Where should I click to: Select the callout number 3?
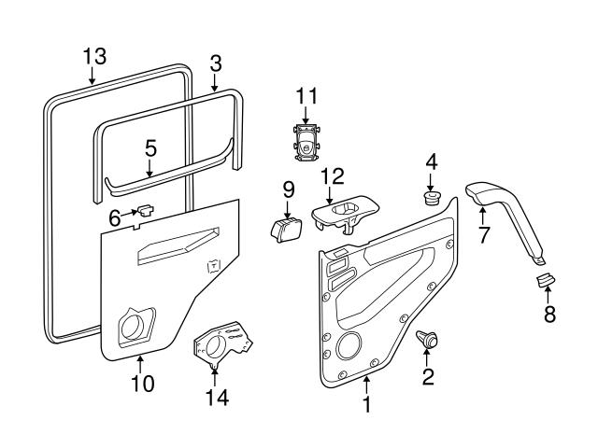click(x=215, y=63)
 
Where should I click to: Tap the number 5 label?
click(x=149, y=148)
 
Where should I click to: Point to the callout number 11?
click(x=306, y=96)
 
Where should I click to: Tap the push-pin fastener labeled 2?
click(x=428, y=342)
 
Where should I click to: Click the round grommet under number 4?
click(x=431, y=198)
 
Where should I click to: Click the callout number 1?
click(x=367, y=406)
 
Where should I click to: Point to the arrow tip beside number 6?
click(x=137, y=213)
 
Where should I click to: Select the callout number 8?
click(x=548, y=315)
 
